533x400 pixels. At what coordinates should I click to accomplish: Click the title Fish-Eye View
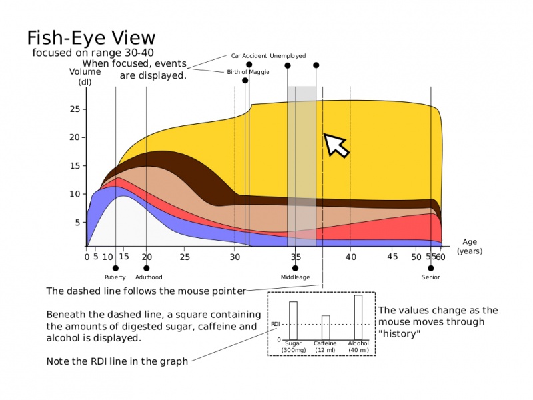point(91,38)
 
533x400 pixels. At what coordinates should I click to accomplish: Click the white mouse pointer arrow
point(336,145)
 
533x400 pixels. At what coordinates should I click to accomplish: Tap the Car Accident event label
point(249,56)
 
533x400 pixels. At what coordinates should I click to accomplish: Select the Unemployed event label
point(288,56)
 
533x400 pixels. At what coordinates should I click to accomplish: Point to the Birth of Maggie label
point(248,72)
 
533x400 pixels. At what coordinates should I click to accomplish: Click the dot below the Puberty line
point(115,269)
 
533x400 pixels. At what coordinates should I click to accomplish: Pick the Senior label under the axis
point(430,277)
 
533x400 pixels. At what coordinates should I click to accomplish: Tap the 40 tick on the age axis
point(351,257)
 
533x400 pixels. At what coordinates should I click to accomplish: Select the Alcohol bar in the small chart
point(358,317)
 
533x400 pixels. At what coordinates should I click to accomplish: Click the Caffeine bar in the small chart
point(326,328)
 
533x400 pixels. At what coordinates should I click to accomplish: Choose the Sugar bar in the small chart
point(293,321)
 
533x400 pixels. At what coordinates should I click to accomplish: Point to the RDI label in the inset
point(275,324)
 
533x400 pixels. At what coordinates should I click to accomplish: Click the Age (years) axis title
point(470,247)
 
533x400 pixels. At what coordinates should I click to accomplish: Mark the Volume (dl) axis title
point(85,77)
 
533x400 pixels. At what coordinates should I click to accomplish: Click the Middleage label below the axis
point(295,277)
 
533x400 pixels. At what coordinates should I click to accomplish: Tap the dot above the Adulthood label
point(147,269)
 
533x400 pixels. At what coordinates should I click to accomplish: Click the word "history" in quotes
point(399,334)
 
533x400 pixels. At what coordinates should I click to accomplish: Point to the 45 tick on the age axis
point(392,257)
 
